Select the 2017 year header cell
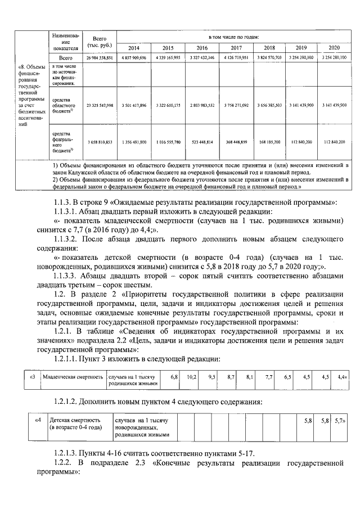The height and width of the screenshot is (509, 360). [x=236, y=47]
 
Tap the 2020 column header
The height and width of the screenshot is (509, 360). [x=334, y=47]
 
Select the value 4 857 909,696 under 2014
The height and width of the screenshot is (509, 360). [x=133, y=57]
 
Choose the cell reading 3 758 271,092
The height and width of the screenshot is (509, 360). [x=236, y=105]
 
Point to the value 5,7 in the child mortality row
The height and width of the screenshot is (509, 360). [x=339, y=420]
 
